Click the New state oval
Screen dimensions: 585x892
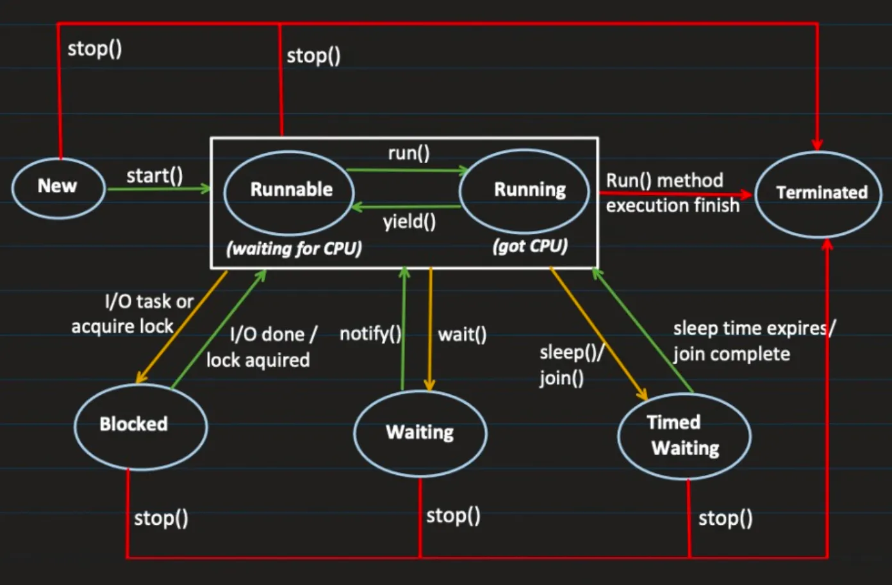(58, 187)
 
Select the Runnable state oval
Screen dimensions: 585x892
(290, 190)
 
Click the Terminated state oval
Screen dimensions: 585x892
(819, 193)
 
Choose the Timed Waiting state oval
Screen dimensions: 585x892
(684, 436)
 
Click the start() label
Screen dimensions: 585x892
(154, 175)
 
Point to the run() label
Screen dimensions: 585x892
(409, 154)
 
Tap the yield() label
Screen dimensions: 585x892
(409, 222)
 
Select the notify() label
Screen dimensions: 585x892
(370, 333)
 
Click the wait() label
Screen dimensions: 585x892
(462, 334)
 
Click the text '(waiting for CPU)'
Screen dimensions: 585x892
(294, 248)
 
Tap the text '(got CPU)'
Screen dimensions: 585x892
(530, 246)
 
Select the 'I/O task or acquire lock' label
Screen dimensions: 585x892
(132, 314)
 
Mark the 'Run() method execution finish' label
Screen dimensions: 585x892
(672, 193)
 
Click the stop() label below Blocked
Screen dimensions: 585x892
(161, 518)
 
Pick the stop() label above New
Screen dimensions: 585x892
(95, 49)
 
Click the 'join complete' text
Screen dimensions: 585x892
(731, 354)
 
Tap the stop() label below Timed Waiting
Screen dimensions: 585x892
(725, 518)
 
